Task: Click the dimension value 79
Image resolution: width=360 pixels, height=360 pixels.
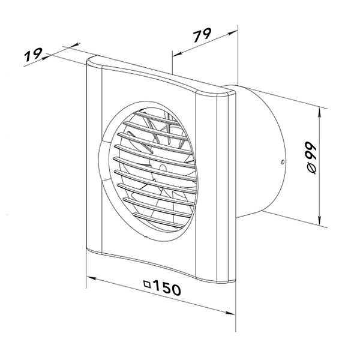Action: (202, 35)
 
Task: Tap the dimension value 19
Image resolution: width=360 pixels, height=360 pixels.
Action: (33, 55)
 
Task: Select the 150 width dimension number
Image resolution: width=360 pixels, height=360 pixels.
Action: (167, 287)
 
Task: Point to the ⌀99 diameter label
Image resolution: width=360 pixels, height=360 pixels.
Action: (311, 158)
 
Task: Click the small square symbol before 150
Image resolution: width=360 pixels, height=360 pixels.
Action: (147, 284)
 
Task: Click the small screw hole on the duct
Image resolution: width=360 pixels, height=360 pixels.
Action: (283, 162)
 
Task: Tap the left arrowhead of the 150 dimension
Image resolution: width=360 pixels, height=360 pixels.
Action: (91, 278)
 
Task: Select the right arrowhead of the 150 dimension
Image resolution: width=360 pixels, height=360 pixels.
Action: (230, 313)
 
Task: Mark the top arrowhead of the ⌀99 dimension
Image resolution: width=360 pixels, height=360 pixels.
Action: (320, 113)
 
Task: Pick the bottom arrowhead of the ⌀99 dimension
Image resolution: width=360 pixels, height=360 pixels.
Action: (320, 220)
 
